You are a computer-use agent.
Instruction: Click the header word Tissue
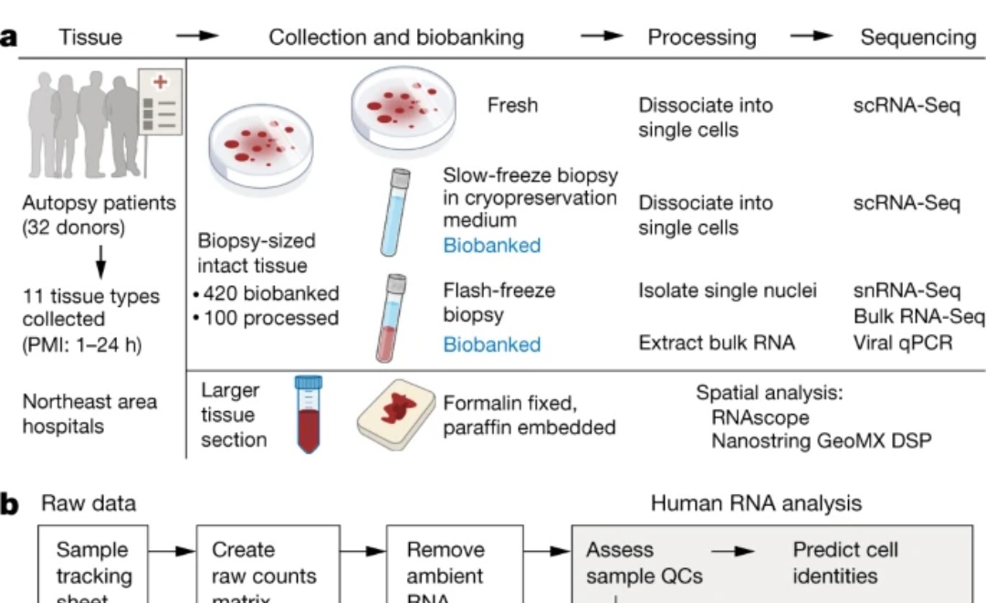(x=90, y=37)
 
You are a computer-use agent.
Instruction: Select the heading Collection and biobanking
(x=396, y=37)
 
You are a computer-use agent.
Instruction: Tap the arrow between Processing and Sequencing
(x=812, y=37)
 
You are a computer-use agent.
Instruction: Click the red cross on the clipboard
(x=161, y=82)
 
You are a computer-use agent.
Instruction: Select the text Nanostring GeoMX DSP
(x=822, y=440)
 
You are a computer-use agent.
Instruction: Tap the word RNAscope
(x=760, y=417)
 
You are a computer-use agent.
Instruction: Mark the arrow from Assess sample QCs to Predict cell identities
(x=733, y=551)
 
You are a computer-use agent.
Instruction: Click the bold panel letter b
(x=11, y=503)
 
